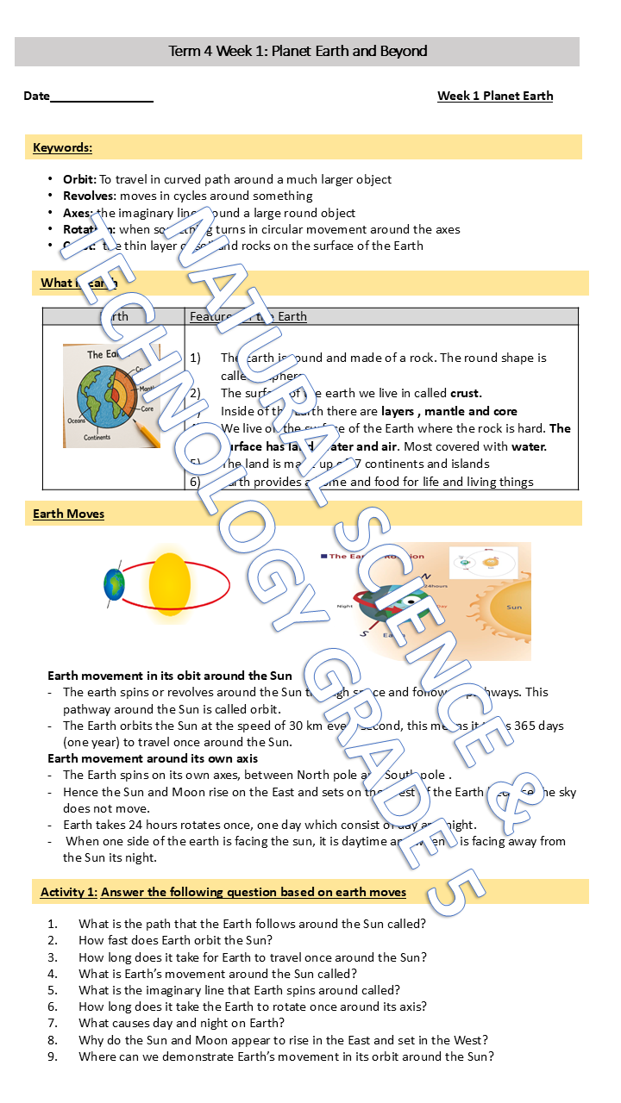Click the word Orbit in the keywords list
click(x=78, y=179)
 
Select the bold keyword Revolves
click(x=89, y=196)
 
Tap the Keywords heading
click(x=62, y=147)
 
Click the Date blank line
click(x=101, y=97)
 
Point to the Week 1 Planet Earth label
click(x=495, y=96)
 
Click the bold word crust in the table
click(x=466, y=393)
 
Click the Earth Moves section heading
click(x=68, y=514)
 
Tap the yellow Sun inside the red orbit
click(x=169, y=585)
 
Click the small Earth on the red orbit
click(x=114, y=584)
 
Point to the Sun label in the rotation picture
click(x=514, y=608)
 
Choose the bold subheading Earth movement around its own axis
click(x=153, y=758)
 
